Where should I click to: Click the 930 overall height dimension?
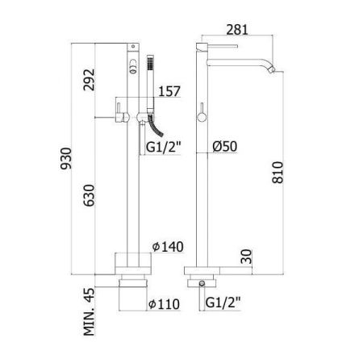pyautogui.click(x=66, y=158)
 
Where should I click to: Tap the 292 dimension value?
pyautogui.click(x=90, y=80)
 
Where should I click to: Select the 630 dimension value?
pyautogui.click(x=89, y=195)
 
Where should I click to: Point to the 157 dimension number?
pyautogui.click(x=169, y=91)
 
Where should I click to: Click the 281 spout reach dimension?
pyautogui.click(x=237, y=30)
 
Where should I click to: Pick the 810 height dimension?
pyautogui.click(x=277, y=173)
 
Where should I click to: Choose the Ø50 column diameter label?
pyautogui.click(x=225, y=147)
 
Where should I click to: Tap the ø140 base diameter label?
pyautogui.click(x=168, y=247)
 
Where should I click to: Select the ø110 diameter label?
pyautogui.click(x=164, y=304)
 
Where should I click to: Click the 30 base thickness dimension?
pyautogui.click(x=247, y=257)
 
